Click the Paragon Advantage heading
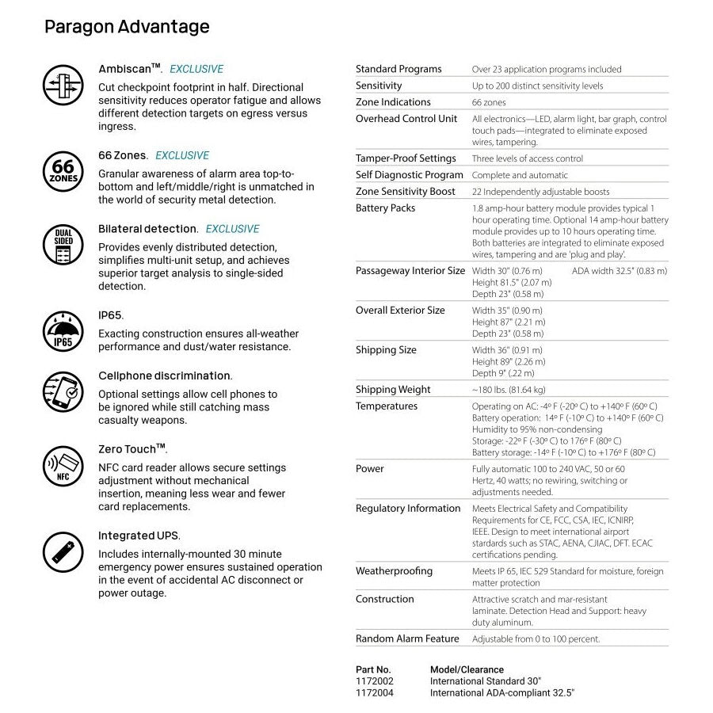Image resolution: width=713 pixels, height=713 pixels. pyautogui.click(x=127, y=27)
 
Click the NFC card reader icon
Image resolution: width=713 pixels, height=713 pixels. pyautogui.click(x=63, y=466)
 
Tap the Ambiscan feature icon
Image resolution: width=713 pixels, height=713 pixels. pyautogui.click(x=63, y=85)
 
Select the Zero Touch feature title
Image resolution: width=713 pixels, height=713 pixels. pyautogui.click(x=132, y=449)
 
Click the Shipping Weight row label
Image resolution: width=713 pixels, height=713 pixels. pyautogui.click(x=393, y=390)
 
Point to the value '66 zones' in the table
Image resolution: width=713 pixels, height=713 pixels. pyautogui.click(x=489, y=102)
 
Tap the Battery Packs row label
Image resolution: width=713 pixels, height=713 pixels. pyautogui.click(x=385, y=208)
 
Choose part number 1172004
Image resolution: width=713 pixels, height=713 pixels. pyautogui.click(x=375, y=692)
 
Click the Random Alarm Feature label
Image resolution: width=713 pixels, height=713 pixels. pyautogui.click(x=407, y=639)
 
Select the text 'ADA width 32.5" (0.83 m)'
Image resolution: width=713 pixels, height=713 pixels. pyautogui.click(x=619, y=271)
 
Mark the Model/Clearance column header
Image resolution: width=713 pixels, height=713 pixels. pyautogui.click(x=467, y=669)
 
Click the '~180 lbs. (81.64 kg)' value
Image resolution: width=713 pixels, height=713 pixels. pyautogui.click(x=509, y=390)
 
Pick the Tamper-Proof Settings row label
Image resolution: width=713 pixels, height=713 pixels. pyautogui.click(x=406, y=158)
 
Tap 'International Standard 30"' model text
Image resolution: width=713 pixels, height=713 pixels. pyautogui.click(x=486, y=681)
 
